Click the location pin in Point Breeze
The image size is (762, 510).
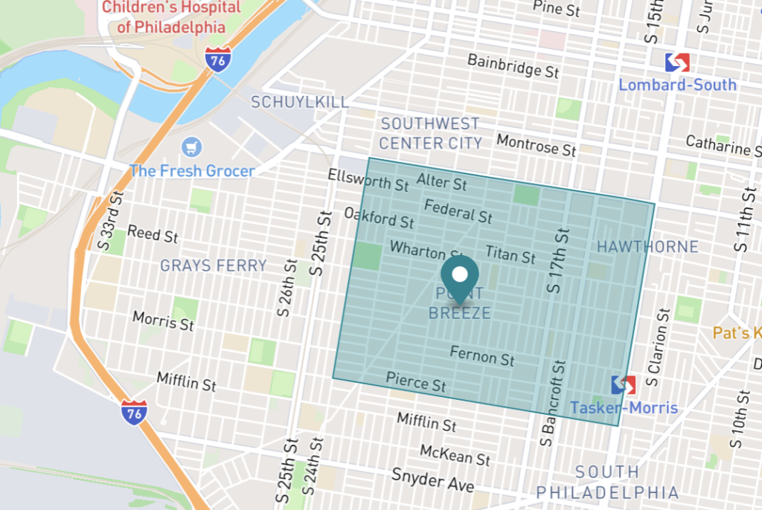[460, 280]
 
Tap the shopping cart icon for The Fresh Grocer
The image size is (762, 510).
[193, 146]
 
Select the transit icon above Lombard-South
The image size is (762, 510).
[677, 62]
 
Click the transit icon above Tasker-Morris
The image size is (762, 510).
[624, 384]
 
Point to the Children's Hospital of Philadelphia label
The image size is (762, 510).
[171, 17]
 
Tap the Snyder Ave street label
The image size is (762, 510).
[432, 480]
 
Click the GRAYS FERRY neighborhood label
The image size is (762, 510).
[214, 265]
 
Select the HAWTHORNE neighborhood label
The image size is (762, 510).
[648, 246]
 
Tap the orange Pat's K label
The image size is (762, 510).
[737, 332]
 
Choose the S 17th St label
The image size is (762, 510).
[557, 259]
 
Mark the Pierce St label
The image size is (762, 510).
[415, 382]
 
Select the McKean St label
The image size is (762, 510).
[455, 454]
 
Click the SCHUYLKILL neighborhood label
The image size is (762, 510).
[300, 102]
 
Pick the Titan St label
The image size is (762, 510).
[510, 255]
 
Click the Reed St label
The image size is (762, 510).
[153, 234]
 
